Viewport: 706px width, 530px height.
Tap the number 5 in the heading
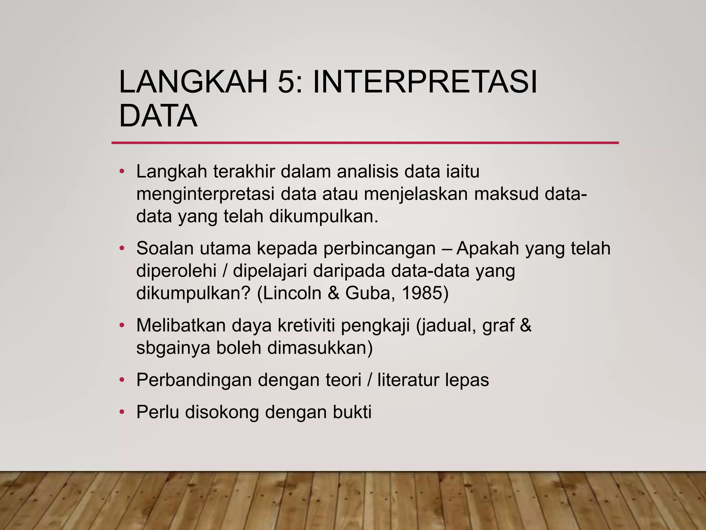286,82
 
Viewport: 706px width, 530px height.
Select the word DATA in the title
158,116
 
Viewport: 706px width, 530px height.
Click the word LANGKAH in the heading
193,82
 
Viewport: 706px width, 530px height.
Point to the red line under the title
365,143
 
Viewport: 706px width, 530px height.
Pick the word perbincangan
379,249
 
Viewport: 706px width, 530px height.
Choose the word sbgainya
173,348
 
